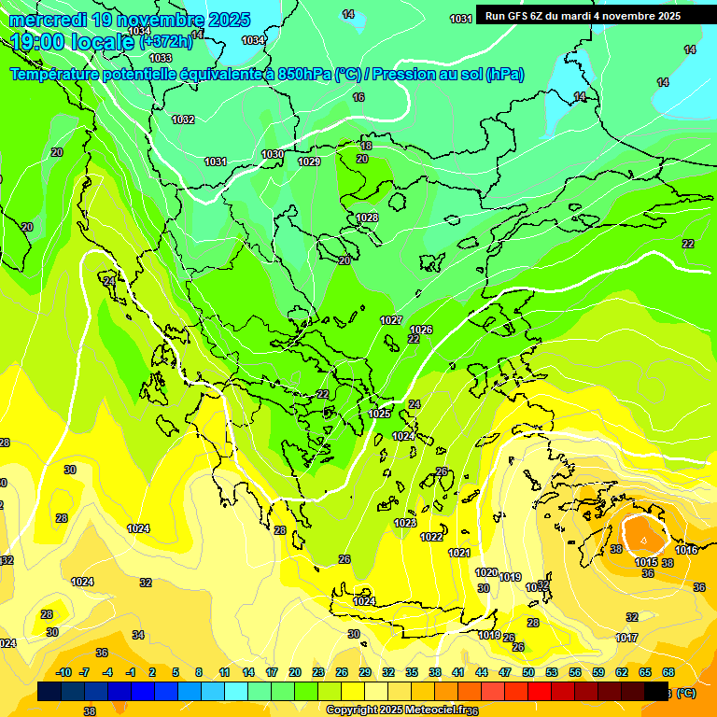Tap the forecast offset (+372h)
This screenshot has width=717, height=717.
point(165,42)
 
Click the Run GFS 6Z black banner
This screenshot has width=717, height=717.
point(583,16)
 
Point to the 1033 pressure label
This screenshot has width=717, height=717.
point(161,58)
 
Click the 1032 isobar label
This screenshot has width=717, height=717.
point(183,119)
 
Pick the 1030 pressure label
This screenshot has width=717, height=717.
point(273,154)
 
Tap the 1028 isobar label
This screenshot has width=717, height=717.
point(367,218)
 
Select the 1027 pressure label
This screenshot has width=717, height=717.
point(391,320)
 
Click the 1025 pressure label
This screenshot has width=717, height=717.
point(379,414)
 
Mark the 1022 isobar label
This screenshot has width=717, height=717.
point(431,537)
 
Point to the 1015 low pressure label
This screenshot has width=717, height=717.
point(646,562)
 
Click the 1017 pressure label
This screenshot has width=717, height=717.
point(626,638)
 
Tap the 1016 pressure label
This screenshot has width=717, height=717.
point(686,550)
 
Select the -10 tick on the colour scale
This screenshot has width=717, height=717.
point(63,672)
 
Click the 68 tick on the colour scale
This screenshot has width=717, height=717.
point(668,672)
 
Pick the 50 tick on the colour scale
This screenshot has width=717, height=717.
point(528,672)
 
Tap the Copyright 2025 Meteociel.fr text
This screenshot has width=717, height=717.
point(397,710)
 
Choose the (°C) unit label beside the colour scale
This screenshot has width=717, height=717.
point(686,693)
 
